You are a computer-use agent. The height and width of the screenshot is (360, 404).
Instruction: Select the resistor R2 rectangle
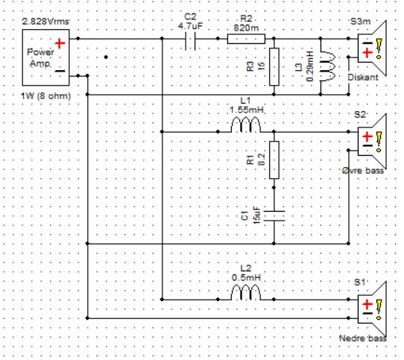[246, 39]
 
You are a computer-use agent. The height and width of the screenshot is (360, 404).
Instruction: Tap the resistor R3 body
[274, 66]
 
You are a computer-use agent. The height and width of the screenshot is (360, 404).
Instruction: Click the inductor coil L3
[328, 66]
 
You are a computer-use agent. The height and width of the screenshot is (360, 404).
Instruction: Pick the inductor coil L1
[246, 124]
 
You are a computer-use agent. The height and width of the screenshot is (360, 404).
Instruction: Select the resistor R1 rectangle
[274, 160]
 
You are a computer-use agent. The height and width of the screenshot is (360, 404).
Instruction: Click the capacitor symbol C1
[274, 216]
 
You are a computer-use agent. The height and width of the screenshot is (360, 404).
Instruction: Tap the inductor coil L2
[246, 292]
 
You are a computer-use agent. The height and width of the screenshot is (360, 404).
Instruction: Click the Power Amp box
[46, 57]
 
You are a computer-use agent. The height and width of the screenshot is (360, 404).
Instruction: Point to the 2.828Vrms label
[45, 22]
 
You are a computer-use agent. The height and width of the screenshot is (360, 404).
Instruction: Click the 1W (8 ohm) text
[46, 96]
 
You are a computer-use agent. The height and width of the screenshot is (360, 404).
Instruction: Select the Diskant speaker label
[363, 78]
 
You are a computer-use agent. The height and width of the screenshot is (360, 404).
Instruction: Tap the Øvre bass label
[363, 171]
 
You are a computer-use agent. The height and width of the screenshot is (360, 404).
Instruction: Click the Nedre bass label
[363, 338]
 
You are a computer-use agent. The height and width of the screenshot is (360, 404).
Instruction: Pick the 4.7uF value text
[190, 26]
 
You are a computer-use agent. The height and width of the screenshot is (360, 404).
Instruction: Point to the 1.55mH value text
[247, 110]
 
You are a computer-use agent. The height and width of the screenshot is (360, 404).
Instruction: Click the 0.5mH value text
[246, 278]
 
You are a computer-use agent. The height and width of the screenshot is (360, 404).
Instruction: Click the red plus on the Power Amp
[60, 43]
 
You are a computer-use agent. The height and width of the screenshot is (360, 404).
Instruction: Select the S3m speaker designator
[361, 22]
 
